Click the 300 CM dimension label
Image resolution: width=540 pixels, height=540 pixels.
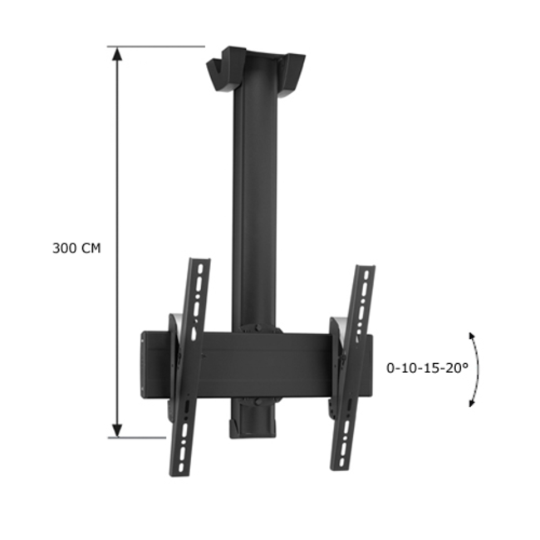[76, 248]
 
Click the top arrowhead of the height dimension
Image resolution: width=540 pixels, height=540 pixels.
[117, 54]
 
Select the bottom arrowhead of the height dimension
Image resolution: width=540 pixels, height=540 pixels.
[117, 429]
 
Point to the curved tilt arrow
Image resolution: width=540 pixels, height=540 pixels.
[476, 369]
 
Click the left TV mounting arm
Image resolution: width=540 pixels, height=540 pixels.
[189, 366]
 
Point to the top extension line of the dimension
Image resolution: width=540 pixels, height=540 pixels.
[158, 47]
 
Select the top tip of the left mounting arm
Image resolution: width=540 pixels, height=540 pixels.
[200, 263]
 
